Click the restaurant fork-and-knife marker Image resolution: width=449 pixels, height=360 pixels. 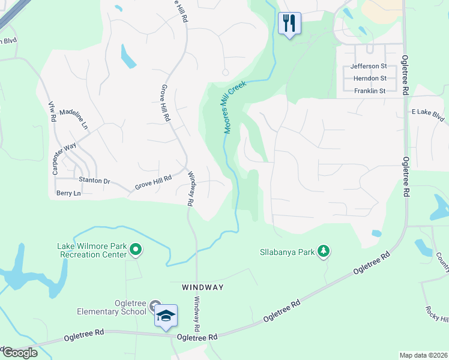(x=289, y=23)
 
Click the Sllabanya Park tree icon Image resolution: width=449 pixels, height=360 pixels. (x=324, y=251)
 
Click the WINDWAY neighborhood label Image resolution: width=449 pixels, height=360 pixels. (x=203, y=287)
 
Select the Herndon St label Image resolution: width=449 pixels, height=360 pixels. (x=370, y=79)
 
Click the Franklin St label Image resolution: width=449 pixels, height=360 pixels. (x=370, y=91)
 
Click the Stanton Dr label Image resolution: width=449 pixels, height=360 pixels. (x=95, y=180)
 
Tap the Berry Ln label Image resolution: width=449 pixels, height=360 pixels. (x=68, y=193)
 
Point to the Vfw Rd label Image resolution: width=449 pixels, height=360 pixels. (x=52, y=112)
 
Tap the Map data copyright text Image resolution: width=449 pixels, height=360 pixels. (x=423, y=355)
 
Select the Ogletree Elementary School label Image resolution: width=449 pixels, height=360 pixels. (x=111, y=307)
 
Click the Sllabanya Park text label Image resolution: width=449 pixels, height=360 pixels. (x=287, y=253)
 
